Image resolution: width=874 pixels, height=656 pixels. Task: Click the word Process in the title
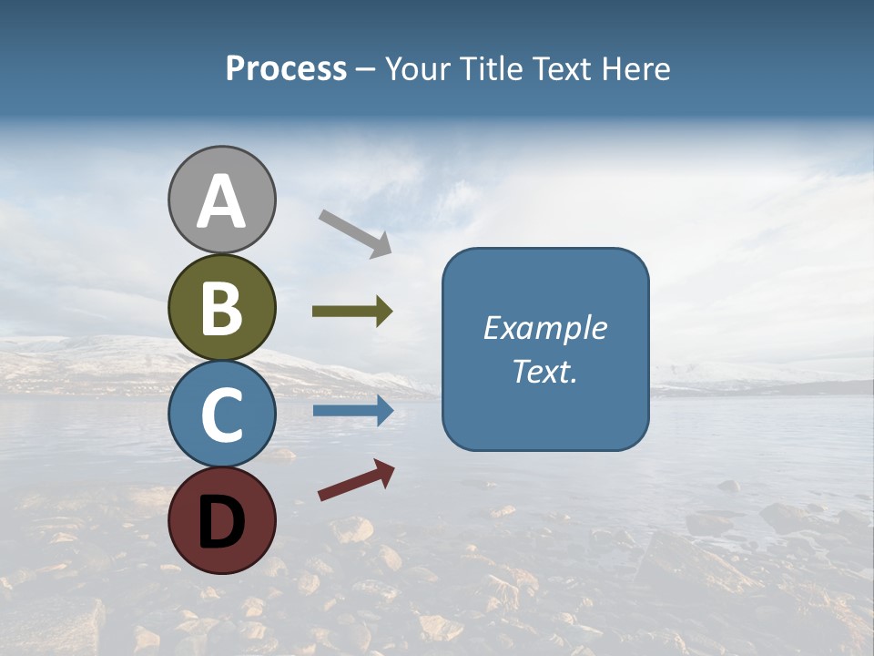(286, 69)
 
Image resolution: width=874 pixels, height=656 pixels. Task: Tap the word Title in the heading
(492, 69)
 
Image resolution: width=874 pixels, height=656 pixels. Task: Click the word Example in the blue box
(545, 328)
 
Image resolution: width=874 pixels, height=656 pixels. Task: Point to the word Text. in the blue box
(544, 371)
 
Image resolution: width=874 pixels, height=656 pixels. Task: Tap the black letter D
(221, 521)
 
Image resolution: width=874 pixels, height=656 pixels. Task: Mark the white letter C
(221, 415)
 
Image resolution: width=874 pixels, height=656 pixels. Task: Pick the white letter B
(221, 308)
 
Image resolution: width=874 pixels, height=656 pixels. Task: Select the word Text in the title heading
(561, 69)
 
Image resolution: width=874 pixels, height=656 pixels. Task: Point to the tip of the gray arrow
(391, 253)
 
